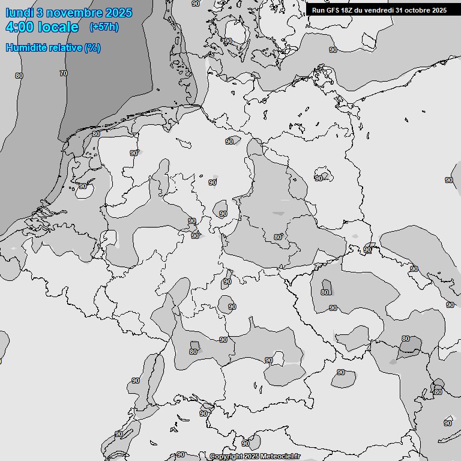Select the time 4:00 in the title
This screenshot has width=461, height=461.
pyautogui.click(x=19, y=27)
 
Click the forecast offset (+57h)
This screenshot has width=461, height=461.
pyautogui.click(x=104, y=27)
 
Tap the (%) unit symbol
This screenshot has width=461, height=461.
pyautogui.click(x=92, y=47)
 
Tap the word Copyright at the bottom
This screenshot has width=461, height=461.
pyautogui.click(x=226, y=456)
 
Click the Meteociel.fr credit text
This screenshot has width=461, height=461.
pyautogui.click(x=280, y=456)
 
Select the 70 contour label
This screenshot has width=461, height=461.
pyautogui.click(x=64, y=73)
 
